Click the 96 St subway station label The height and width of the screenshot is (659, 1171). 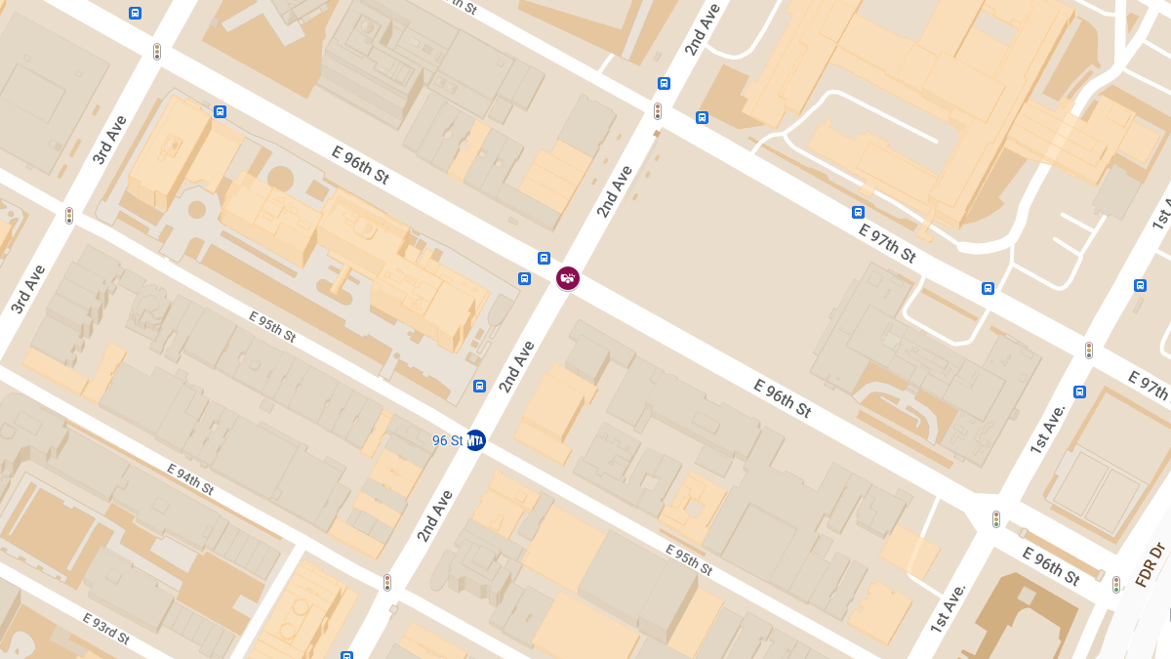pyautogui.click(x=447, y=440)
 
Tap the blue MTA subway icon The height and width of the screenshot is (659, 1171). pyautogui.click(x=475, y=440)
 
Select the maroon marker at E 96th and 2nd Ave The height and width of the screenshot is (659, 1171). pyautogui.click(x=568, y=278)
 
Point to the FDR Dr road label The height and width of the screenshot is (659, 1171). pyautogui.click(x=1151, y=565)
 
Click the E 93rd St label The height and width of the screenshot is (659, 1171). pyautogui.click(x=105, y=630)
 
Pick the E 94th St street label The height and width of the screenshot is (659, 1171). pyautogui.click(x=189, y=479)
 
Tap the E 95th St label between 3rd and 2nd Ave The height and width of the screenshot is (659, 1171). pyautogui.click(x=272, y=327)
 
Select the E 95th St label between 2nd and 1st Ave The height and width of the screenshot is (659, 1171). pyautogui.click(x=689, y=559)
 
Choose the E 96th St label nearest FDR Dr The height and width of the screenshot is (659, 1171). pyautogui.click(x=1051, y=566)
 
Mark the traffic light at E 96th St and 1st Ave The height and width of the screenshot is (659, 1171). pyautogui.click(x=996, y=519)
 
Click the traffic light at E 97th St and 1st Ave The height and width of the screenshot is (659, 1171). pyautogui.click(x=1089, y=350)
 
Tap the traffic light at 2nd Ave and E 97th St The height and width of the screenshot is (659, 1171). pyautogui.click(x=658, y=111)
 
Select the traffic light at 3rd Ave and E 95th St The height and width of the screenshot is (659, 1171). pyautogui.click(x=69, y=216)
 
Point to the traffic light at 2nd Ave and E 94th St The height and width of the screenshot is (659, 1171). pyautogui.click(x=387, y=583)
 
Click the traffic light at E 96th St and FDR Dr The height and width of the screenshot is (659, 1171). pyautogui.click(x=1116, y=585)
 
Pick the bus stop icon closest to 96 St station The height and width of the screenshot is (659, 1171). pyautogui.click(x=479, y=386)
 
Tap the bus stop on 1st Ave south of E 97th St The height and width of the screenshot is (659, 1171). pyautogui.click(x=1079, y=391)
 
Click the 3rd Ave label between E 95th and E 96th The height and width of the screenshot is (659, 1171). pyautogui.click(x=28, y=289)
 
